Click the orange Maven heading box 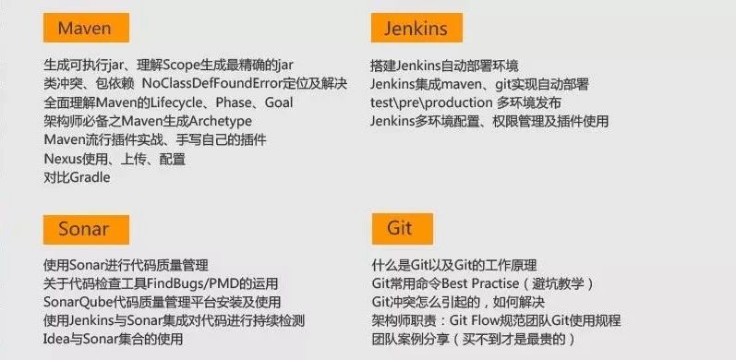click(x=84, y=29)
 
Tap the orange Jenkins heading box click(x=416, y=29)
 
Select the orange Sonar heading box click(x=83, y=229)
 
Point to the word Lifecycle click(x=183, y=102)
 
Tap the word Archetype click(x=218, y=121)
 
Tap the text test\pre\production click(x=429, y=102)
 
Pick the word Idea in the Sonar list click(x=58, y=339)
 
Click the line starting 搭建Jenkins click(x=444, y=66)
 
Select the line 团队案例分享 click(x=474, y=339)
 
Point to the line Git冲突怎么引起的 click(x=457, y=302)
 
